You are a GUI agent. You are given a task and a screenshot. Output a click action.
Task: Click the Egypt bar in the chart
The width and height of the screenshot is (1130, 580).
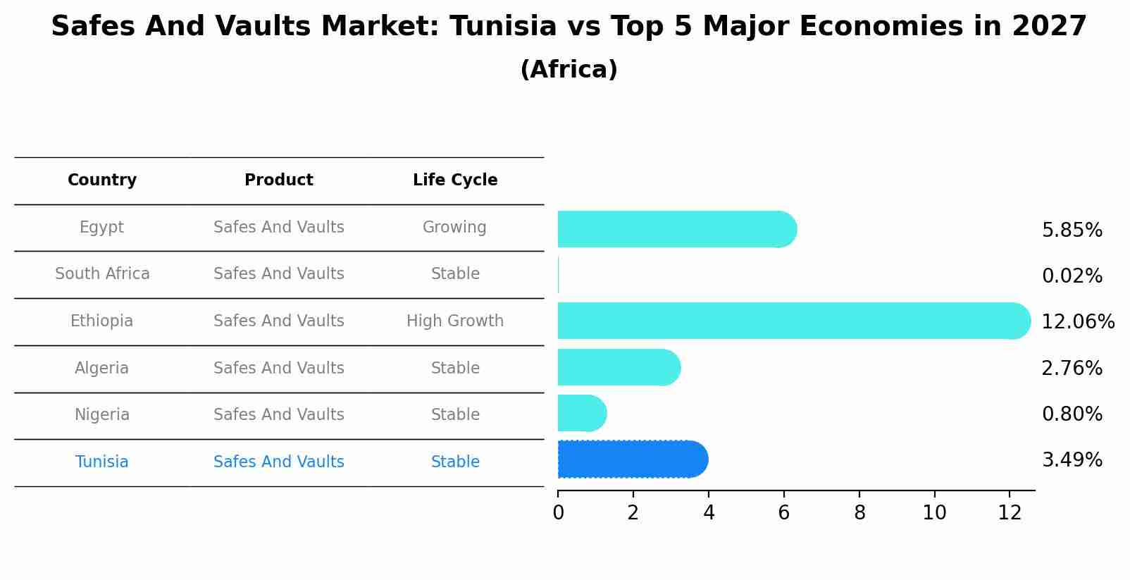tap(676, 229)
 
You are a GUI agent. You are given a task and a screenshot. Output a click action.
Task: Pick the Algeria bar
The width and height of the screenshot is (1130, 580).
tap(619, 367)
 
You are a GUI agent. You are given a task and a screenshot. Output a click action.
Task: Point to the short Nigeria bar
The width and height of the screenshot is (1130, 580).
tap(582, 413)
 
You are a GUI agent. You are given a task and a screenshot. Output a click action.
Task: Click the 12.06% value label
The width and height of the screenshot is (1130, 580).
tap(1077, 322)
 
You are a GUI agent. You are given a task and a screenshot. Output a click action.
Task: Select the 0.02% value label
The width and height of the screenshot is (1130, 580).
tap(1072, 276)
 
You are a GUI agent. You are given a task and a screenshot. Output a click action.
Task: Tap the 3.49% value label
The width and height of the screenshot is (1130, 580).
tap(1072, 460)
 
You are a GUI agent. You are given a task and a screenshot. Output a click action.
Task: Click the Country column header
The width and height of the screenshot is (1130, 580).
tap(102, 180)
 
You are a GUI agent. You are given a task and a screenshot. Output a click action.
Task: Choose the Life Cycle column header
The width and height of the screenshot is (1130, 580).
tap(455, 180)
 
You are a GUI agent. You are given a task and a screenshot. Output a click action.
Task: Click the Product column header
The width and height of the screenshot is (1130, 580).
tap(279, 180)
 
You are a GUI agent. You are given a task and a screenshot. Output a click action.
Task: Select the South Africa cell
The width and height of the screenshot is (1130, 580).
tap(102, 274)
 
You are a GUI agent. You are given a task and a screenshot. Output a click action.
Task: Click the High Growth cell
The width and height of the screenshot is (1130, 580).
tap(455, 321)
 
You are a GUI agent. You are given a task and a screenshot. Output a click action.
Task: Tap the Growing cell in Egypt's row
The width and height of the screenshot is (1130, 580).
tap(454, 228)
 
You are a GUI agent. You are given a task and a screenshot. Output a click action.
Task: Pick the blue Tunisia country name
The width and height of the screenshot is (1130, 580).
tap(102, 462)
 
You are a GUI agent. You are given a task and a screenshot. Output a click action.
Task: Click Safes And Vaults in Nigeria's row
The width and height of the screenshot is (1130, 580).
tap(279, 415)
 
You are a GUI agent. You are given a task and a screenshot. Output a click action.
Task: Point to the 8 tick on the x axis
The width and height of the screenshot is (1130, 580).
tap(859, 513)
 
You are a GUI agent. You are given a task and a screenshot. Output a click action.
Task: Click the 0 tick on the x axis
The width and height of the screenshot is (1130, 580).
tap(558, 513)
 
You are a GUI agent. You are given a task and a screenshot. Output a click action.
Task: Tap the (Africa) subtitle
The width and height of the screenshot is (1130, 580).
tap(569, 70)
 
